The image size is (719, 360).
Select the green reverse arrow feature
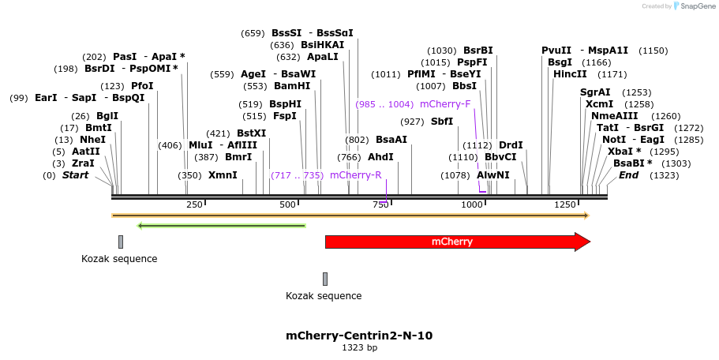221,226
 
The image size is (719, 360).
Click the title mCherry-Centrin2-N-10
359,336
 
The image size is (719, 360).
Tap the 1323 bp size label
359,347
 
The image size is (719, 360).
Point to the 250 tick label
194,205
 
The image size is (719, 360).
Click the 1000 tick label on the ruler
472,205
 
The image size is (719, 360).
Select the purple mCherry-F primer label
445,104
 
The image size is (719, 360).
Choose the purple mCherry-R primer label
355,175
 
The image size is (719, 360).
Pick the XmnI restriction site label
223,175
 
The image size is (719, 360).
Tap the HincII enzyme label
570,74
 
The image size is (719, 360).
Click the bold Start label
76,175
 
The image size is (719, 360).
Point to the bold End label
628,175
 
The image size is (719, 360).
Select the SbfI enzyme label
442,122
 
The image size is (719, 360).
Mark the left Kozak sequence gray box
121,242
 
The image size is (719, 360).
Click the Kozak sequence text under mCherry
324,296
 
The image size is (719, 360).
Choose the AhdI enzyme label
380,157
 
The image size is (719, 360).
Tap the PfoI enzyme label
142,86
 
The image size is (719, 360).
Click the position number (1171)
612,74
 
